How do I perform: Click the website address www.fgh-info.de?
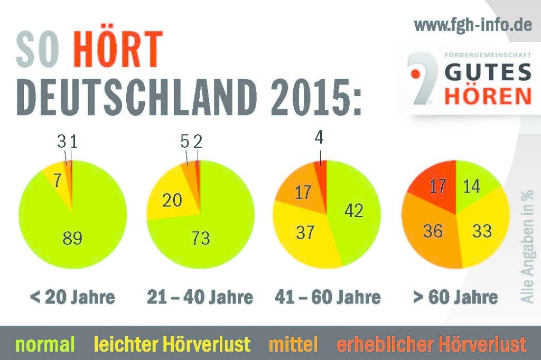click(x=472, y=24)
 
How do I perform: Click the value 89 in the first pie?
click(x=72, y=238)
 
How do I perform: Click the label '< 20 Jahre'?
click(x=72, y=297)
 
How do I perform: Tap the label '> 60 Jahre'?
click(x=455, y=297)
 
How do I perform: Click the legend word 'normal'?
click(x=45, y=345)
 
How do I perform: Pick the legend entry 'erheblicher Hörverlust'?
click(x=432, y=345)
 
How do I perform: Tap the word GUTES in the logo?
click(x=487, y=73)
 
